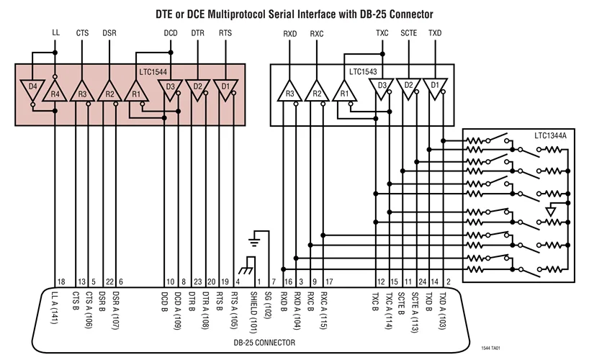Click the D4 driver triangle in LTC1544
point(32,91)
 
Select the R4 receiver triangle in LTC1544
point(56,92)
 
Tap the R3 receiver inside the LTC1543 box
point(289,92)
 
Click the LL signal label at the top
point(56,33)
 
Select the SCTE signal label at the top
point(408,33)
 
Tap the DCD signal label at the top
point(170,33)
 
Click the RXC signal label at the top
point(317,33)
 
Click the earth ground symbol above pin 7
point(253,240)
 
